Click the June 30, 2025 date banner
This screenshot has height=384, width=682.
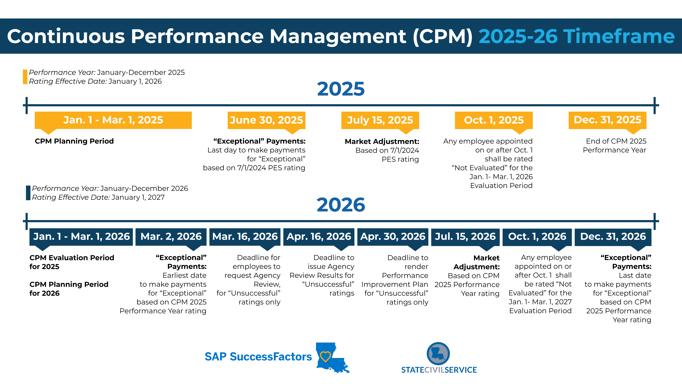coord(266,120)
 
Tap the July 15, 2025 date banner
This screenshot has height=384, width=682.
coord(380,120)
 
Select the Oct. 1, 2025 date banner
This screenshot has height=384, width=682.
coord(494,120)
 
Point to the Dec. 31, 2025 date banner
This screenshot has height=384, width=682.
coord(607,120)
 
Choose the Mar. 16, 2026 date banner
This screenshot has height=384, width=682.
coord(245,236)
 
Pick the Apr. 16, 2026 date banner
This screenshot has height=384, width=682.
coord(319,236)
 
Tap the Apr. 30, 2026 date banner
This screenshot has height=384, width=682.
coord(393,236)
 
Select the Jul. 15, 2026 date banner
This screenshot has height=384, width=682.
coord(465,236)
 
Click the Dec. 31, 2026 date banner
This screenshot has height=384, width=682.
coord(613,236)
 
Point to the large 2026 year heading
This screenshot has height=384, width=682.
coord(341,205)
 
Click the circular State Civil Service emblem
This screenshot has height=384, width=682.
coord(438,354)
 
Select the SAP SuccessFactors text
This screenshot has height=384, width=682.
coord(258,357)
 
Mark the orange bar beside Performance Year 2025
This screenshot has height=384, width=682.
coord(25,77)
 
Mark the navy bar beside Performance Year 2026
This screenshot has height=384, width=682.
coord(28,193)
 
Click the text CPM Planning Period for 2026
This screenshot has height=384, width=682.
coord(69,289)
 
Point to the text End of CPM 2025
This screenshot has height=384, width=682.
coord(616,141)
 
